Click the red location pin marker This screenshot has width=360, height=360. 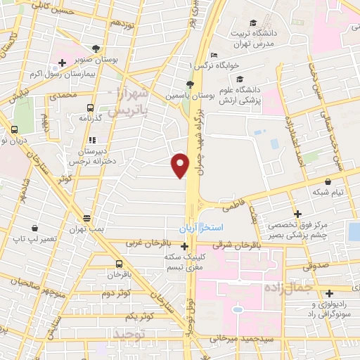(181, 165)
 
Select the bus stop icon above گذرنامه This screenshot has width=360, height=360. (89, 108)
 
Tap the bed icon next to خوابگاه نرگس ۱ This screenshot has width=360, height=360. (214, 56)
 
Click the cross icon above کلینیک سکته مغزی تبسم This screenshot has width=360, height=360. (184, 246)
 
